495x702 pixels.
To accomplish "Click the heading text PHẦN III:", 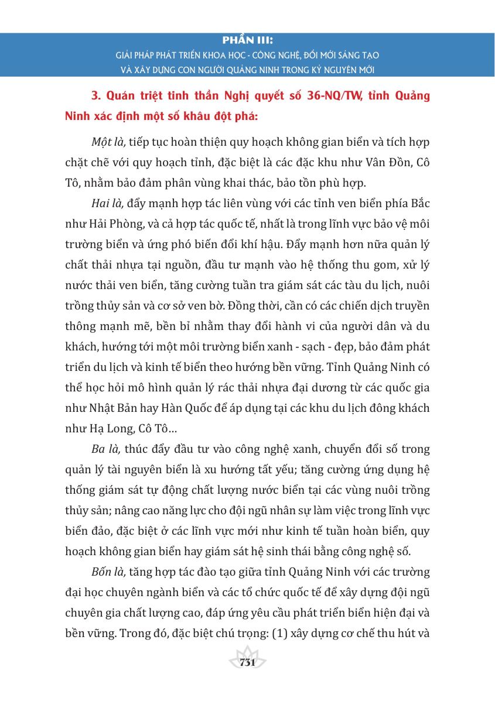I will [248, 42].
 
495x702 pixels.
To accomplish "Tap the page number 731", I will [247, 663].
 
